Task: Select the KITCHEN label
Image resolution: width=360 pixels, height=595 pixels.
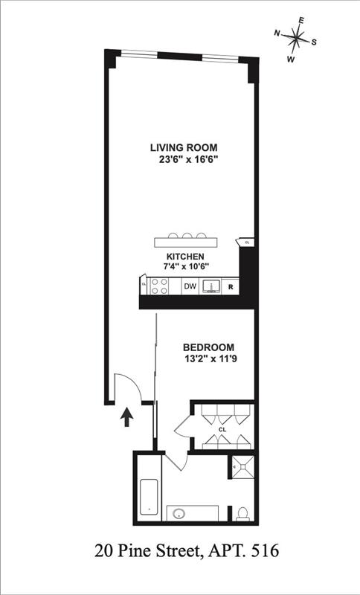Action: [x=185, y=256]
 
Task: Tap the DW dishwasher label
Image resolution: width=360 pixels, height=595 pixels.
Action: [x=190, y=286]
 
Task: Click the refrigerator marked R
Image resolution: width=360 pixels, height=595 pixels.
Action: [x=231, y=286]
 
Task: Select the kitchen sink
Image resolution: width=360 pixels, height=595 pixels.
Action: [x=211, y=286]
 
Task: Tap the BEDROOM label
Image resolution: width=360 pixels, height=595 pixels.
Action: [x=209, y=347]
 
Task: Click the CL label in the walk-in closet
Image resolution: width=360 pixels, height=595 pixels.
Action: [x=222, y=429]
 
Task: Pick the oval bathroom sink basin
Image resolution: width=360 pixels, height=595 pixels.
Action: [x=179, y=513]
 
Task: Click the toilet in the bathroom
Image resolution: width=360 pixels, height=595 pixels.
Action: [x=242, y=512]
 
